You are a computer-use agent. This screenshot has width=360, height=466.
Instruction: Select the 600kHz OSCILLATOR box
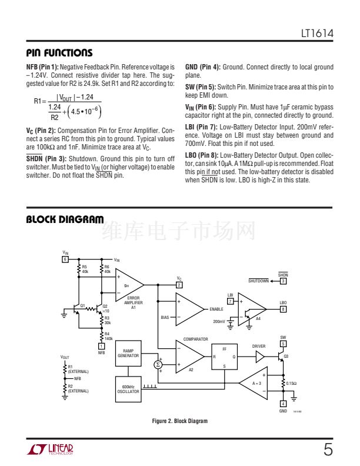point(128,388)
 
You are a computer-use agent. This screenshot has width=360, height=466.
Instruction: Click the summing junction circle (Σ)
point(158,365)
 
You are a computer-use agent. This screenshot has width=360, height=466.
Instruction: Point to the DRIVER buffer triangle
point(259,357)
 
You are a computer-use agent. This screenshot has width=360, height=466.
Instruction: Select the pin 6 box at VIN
point(65,259)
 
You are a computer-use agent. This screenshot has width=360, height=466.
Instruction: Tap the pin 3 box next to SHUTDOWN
point(283,281)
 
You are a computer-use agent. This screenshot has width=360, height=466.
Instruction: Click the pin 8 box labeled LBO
point(283,309)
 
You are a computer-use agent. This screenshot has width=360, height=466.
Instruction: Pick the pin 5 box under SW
point(283,344)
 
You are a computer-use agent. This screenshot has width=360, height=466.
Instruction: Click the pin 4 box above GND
point(283,404)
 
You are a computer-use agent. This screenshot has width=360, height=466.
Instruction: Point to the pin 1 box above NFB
point(101,346)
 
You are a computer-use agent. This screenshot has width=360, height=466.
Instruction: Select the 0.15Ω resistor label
point(292,383)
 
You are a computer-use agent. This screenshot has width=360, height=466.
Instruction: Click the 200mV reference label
point(219,322)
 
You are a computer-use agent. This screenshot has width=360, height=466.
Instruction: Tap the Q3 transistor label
point(286,357)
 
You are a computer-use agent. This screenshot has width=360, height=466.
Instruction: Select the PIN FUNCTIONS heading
point(59,53)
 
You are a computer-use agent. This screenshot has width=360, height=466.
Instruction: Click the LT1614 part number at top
point(318,35)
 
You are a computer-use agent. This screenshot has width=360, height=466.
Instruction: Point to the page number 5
point(328,451)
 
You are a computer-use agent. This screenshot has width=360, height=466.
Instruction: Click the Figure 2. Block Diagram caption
point(180,421)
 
